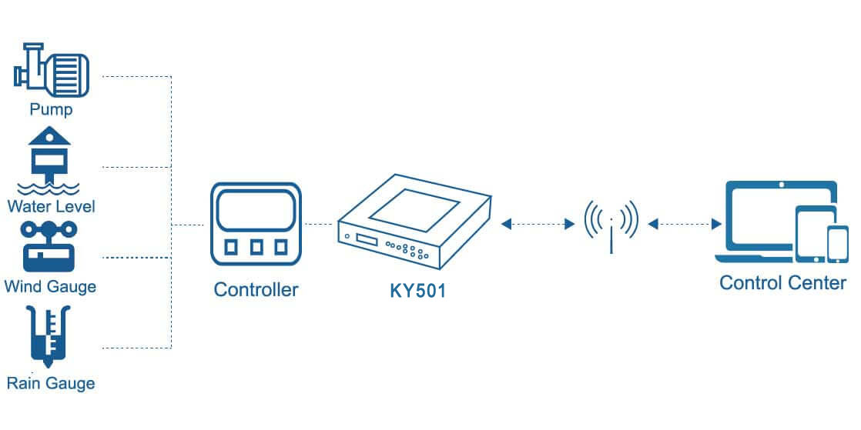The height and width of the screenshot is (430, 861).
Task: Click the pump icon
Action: [x=52, y=70]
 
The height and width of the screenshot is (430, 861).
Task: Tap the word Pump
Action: [x=51, y=109]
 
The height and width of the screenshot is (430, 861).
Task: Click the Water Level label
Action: [x=51, y=206]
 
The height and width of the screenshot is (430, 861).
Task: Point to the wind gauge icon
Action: [x=49, y=245]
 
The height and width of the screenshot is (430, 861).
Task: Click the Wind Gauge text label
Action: [x=50, y=287]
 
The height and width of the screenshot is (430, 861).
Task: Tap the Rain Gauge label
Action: [x=51, y=382]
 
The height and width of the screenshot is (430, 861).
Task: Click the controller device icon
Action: [x=256, y=224]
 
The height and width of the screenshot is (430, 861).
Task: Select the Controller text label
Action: [x=256, y=290]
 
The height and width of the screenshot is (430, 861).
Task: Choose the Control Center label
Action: [x=782, y=282]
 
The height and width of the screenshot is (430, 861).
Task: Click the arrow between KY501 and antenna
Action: [x=538, y=225]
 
